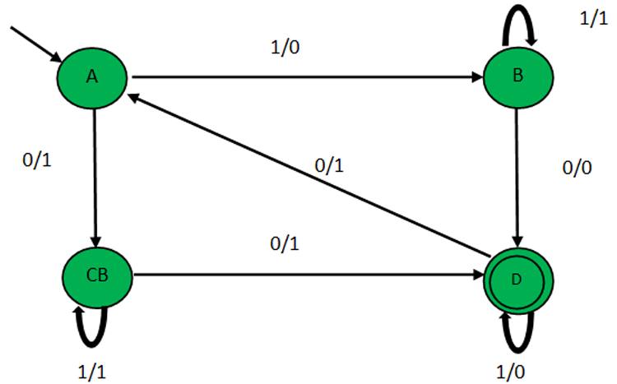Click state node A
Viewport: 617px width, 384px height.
[92, 77]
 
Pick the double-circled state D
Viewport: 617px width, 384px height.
[516, 279]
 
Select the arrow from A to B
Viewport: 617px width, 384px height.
[304, 79]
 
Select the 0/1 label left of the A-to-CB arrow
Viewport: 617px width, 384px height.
[38, 160]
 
